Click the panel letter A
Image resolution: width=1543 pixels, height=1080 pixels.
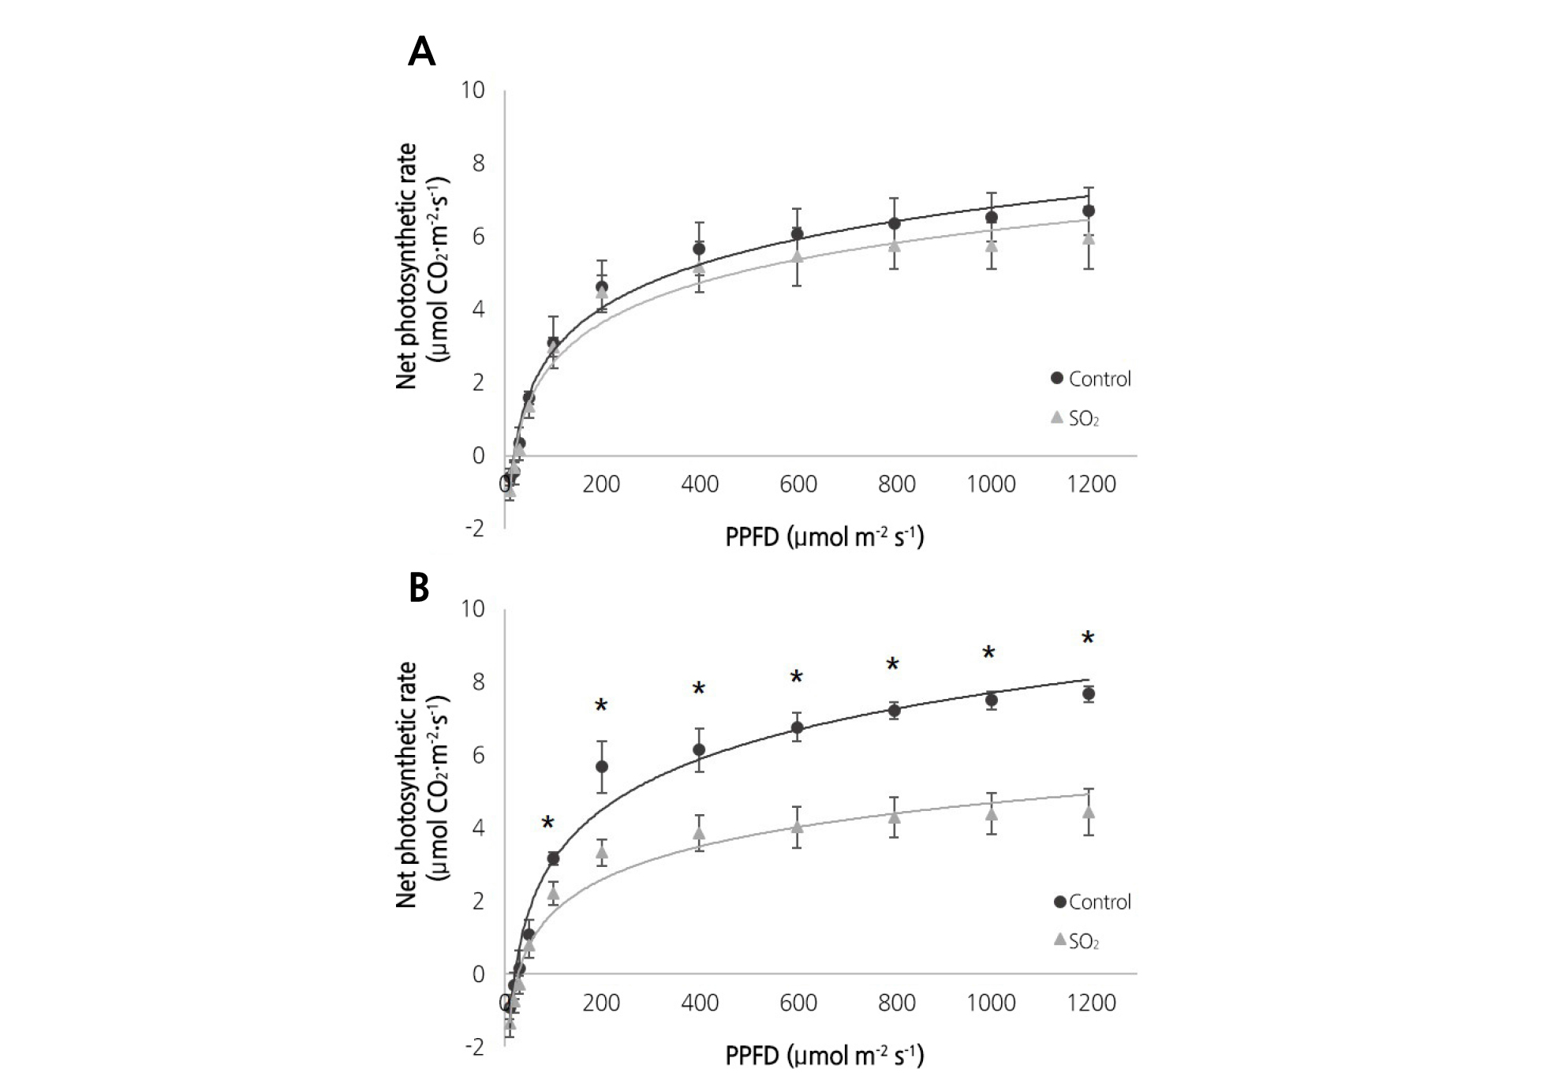[421, 53]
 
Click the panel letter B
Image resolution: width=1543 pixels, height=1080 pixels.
[419, 588]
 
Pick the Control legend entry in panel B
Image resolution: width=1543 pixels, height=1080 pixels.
[1093, 902]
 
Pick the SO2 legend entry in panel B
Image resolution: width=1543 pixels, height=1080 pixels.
[1077, 941]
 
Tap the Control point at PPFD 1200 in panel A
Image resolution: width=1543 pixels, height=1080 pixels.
[1089, 211]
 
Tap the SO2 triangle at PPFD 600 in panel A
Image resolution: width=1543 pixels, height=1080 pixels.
[798, 256]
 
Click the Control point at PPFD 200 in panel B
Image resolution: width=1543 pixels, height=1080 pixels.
[602, 766]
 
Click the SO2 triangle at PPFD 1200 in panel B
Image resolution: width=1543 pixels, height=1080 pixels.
[1089, 812]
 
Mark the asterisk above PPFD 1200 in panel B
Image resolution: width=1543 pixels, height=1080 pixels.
[1088, 638]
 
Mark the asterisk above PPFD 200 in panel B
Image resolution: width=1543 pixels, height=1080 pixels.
[601, 705]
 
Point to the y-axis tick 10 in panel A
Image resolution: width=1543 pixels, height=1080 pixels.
[473, 90]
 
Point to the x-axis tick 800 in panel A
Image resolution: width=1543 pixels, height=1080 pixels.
[896, 484]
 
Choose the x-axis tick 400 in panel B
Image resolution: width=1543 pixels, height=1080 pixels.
[699, 1003]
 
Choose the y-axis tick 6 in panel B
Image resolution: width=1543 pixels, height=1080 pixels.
[477, 755]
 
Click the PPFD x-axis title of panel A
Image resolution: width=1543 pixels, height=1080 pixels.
[824, 536]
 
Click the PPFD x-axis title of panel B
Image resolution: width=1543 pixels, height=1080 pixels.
[824, 1055]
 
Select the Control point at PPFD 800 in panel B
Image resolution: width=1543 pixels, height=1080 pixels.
[895, 711]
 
